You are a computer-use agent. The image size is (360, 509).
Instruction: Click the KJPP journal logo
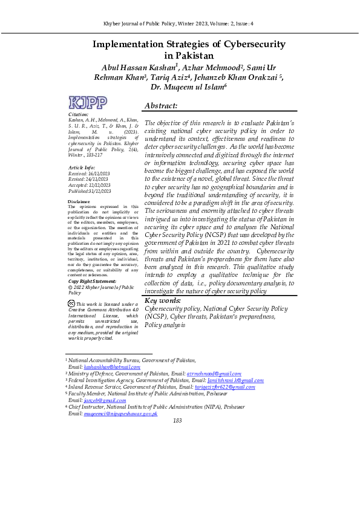click(88, 103)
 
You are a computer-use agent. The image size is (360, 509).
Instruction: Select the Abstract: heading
click(161, 106)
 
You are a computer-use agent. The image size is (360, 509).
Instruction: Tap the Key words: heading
click(163, 300)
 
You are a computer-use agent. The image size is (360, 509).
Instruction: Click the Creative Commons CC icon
click(71, 303)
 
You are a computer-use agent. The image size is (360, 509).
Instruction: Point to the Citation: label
click(79, 114)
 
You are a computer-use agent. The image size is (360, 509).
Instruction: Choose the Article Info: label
click(82, 167)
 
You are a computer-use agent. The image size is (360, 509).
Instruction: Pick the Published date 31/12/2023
click(100, 191)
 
